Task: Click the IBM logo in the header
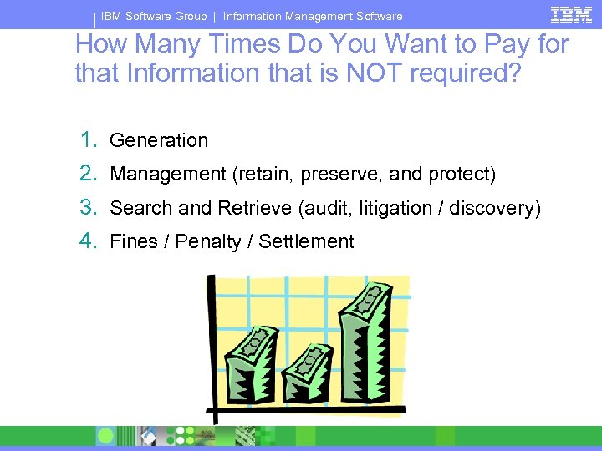571,14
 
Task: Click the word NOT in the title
375,73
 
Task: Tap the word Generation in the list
159,140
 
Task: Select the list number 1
87,139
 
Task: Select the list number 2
87,174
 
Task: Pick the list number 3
87,207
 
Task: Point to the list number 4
87,241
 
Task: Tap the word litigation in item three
395,208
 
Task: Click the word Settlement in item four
306,241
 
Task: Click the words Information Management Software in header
313,16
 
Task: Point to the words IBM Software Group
154,16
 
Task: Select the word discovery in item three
495,208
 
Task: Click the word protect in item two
462,174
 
